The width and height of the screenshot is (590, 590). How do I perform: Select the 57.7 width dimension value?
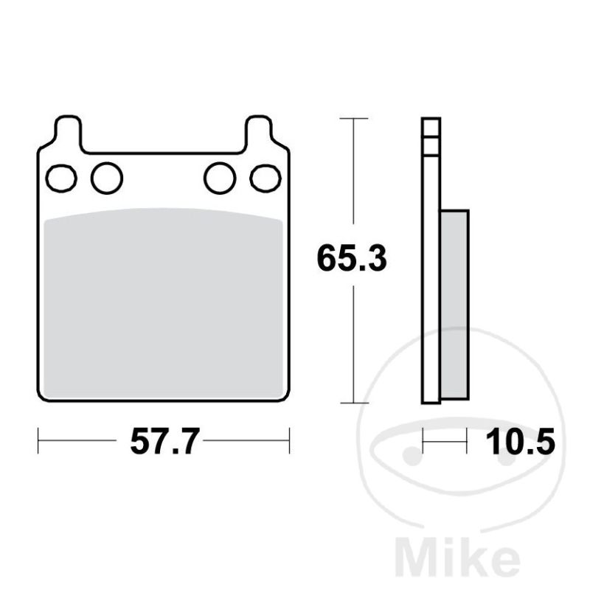click(164, 442)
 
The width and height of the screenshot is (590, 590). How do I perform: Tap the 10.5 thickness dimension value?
click(521, 442)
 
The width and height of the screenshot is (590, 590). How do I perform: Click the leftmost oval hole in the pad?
click(61, 178)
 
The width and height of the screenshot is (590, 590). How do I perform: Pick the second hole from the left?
click(107, 178)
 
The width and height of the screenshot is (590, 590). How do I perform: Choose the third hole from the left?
click(220, 178)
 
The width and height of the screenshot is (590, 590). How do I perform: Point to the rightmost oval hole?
click(265, 178)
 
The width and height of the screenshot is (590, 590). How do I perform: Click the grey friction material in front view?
click(163, 303)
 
